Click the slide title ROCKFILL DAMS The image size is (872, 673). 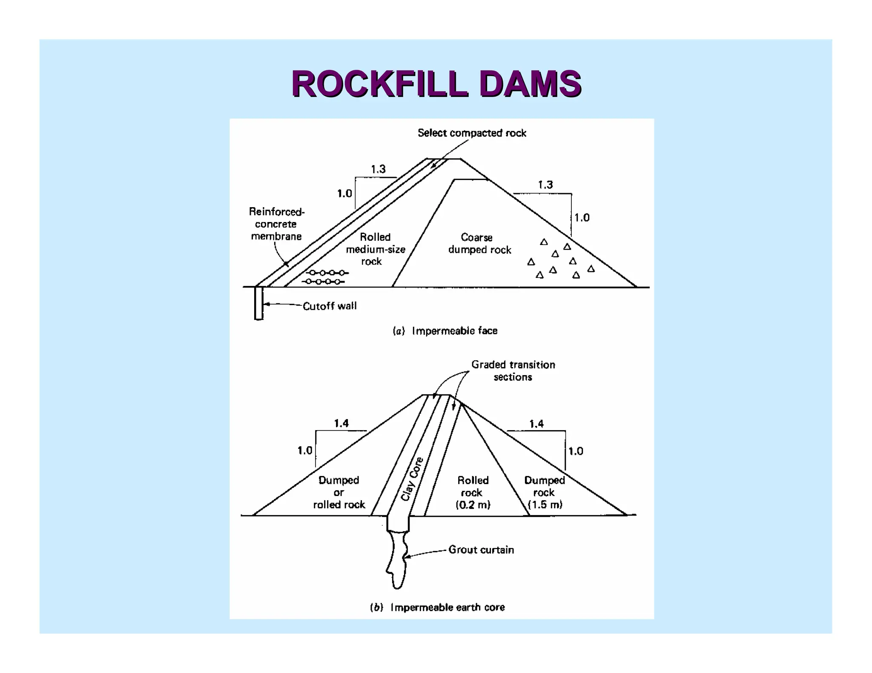point(436,84)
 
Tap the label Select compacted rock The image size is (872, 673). point(471,133)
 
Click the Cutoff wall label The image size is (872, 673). point(330,306)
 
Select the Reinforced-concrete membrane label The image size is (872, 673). point(276,224)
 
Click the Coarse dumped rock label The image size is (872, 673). point(479,243)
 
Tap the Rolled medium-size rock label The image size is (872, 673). point(375,249)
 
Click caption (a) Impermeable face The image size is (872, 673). point(445,331)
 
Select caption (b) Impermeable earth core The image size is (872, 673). point(437,607)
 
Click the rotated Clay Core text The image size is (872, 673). point(412,479)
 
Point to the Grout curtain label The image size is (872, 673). point(481,550)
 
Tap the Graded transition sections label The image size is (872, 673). point(513,371)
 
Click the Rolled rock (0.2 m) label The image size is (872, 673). point(473,492)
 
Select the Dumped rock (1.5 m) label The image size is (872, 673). point(545,492)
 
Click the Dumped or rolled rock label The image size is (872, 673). point(339,492)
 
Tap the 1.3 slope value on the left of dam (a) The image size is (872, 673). point(378,169)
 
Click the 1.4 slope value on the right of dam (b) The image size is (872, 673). point(536,423)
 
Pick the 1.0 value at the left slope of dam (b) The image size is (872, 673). point(304,450)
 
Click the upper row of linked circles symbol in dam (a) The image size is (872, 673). point(327,273)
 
